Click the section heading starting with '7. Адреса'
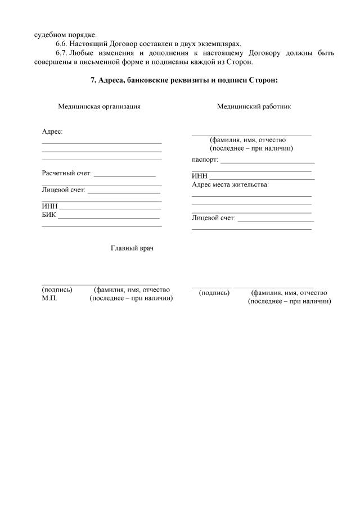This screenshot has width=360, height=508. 184,80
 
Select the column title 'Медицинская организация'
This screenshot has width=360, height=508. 99,106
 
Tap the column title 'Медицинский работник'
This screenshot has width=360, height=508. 254,106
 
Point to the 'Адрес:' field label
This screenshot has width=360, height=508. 52,131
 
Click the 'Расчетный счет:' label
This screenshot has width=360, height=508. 66,173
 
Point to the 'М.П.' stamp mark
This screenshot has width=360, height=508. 49,298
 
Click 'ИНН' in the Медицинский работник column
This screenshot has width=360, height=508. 200,176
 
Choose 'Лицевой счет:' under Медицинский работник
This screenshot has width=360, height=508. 213,217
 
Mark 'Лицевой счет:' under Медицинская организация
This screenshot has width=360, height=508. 64,190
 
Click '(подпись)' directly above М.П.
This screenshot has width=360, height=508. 57,290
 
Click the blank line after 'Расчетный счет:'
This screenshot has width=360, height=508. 125,175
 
